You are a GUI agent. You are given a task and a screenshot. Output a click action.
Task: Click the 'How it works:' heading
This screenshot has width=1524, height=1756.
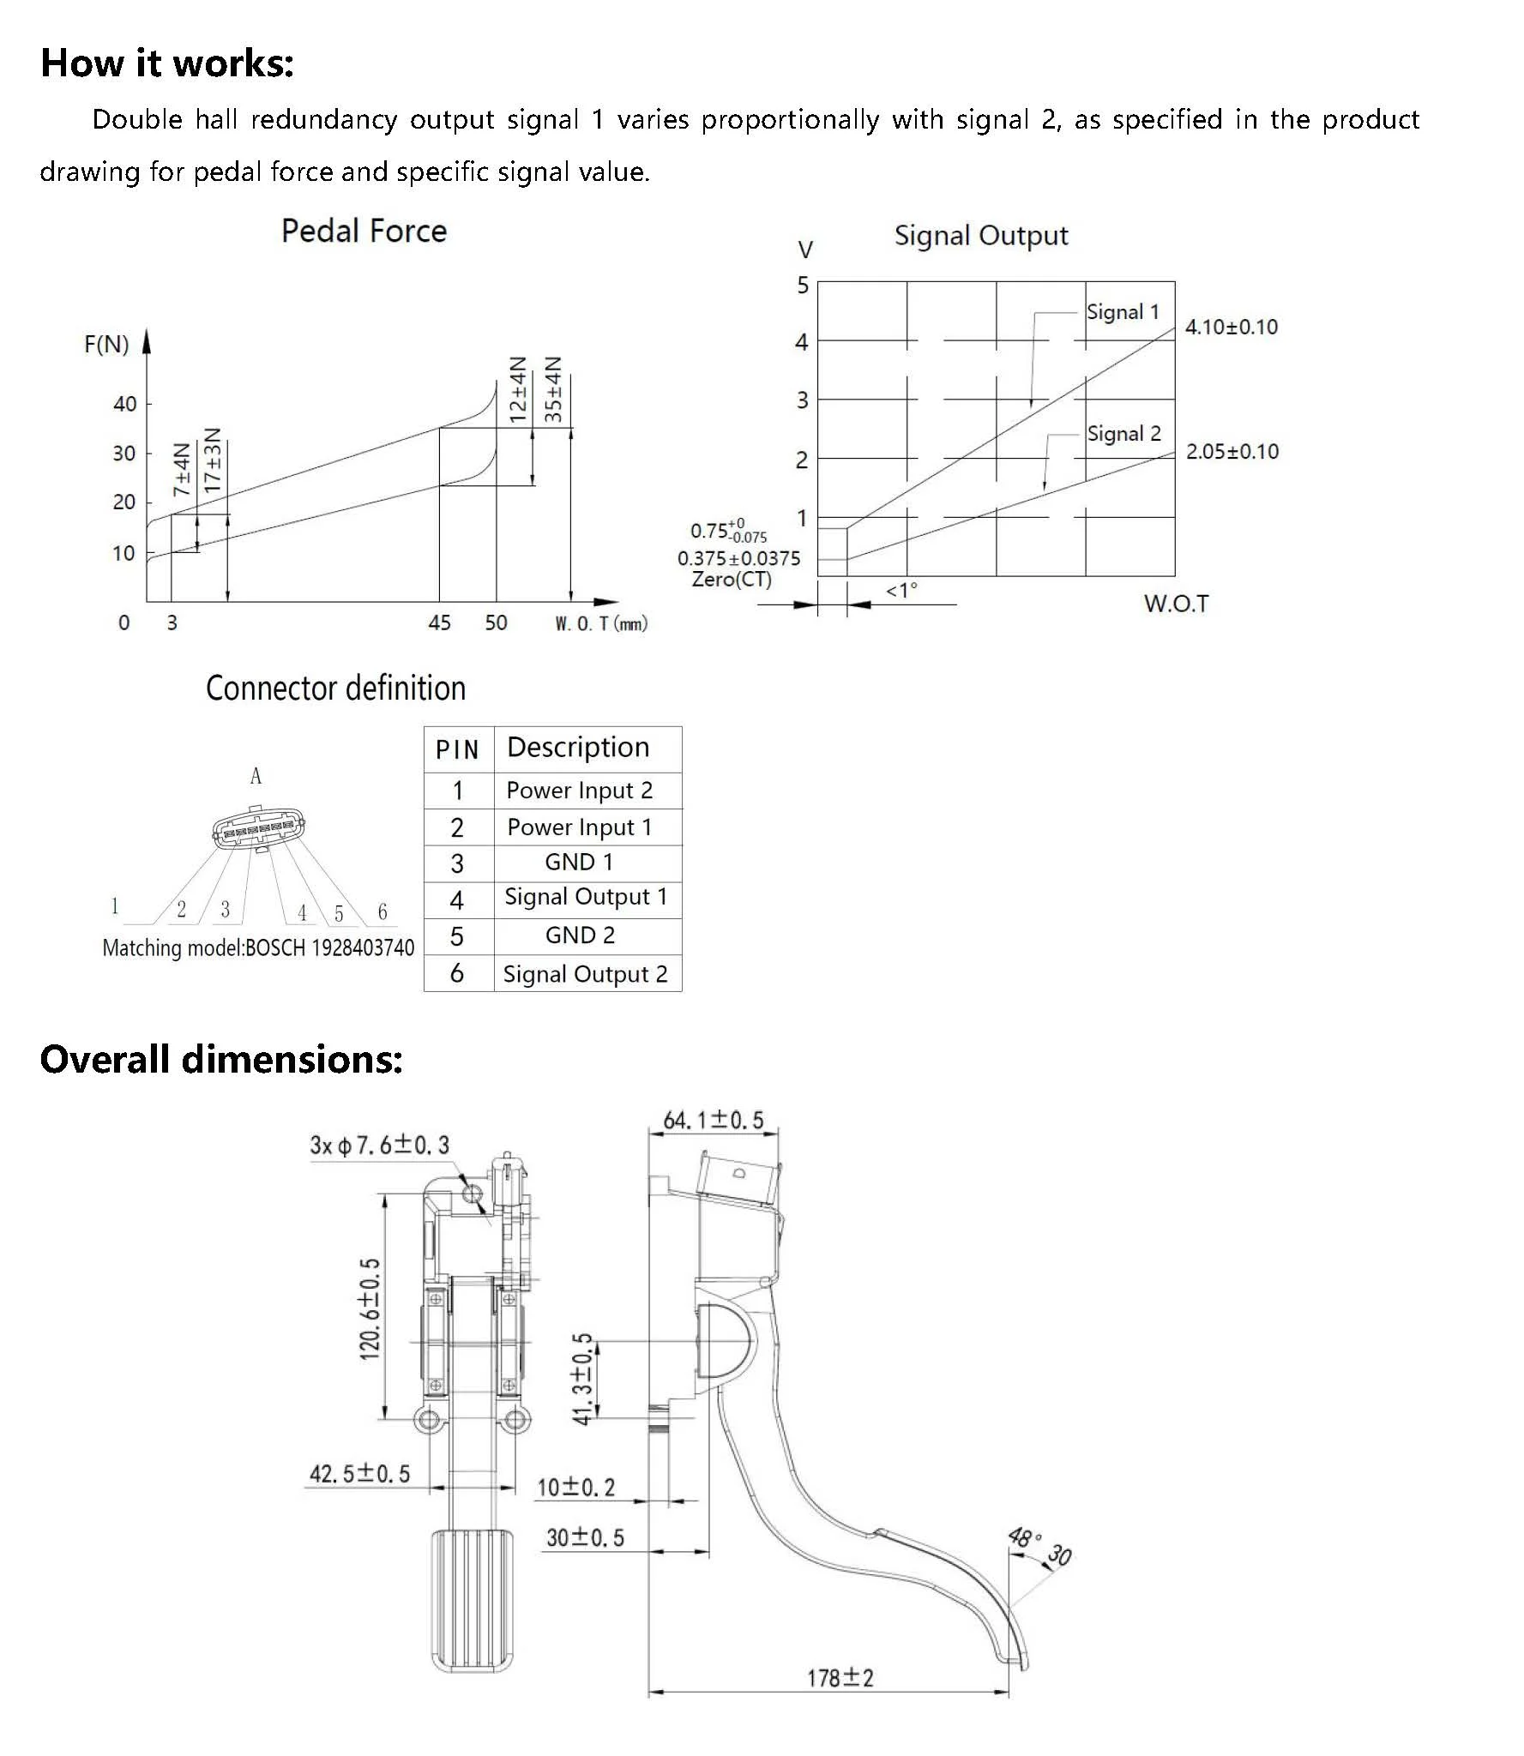point(167,63)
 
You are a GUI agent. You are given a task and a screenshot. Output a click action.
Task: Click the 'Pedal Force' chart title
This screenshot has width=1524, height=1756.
point(364,232)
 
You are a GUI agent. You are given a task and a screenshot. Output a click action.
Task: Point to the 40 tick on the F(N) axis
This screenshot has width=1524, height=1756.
point(125,404)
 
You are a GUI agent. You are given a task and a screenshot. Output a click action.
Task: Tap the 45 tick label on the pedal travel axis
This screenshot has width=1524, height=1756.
point(439,622)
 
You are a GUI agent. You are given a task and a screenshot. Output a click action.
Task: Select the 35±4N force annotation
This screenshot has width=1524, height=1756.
point(554,390)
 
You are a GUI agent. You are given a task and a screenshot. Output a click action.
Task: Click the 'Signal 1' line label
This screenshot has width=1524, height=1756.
point(1122,312)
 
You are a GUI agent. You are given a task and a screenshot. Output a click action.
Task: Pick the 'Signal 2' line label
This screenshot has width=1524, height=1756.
point(1123,434)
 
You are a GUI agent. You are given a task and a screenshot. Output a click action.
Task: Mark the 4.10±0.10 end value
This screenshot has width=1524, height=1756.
point(1231,327)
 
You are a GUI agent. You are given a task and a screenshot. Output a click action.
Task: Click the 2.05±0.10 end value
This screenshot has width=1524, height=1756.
point(1232,452)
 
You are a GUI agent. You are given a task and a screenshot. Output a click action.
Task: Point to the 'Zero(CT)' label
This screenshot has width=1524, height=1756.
point(732,580)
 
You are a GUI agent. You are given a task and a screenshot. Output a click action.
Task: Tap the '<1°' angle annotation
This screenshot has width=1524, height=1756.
point(901,591)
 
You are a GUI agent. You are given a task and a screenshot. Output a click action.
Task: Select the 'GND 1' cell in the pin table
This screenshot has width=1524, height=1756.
point(579,863)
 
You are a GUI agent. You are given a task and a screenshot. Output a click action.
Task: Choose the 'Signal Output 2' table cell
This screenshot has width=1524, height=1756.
point(585,974)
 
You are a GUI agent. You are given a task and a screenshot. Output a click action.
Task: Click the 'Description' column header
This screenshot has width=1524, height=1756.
point(578,748)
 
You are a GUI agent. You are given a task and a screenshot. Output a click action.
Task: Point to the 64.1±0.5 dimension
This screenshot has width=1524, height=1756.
point(713,1121)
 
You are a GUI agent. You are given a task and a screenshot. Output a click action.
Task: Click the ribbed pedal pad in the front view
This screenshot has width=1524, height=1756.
point(471,1600)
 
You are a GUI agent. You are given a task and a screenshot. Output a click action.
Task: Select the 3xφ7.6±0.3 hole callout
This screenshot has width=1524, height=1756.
point(379,1146)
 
